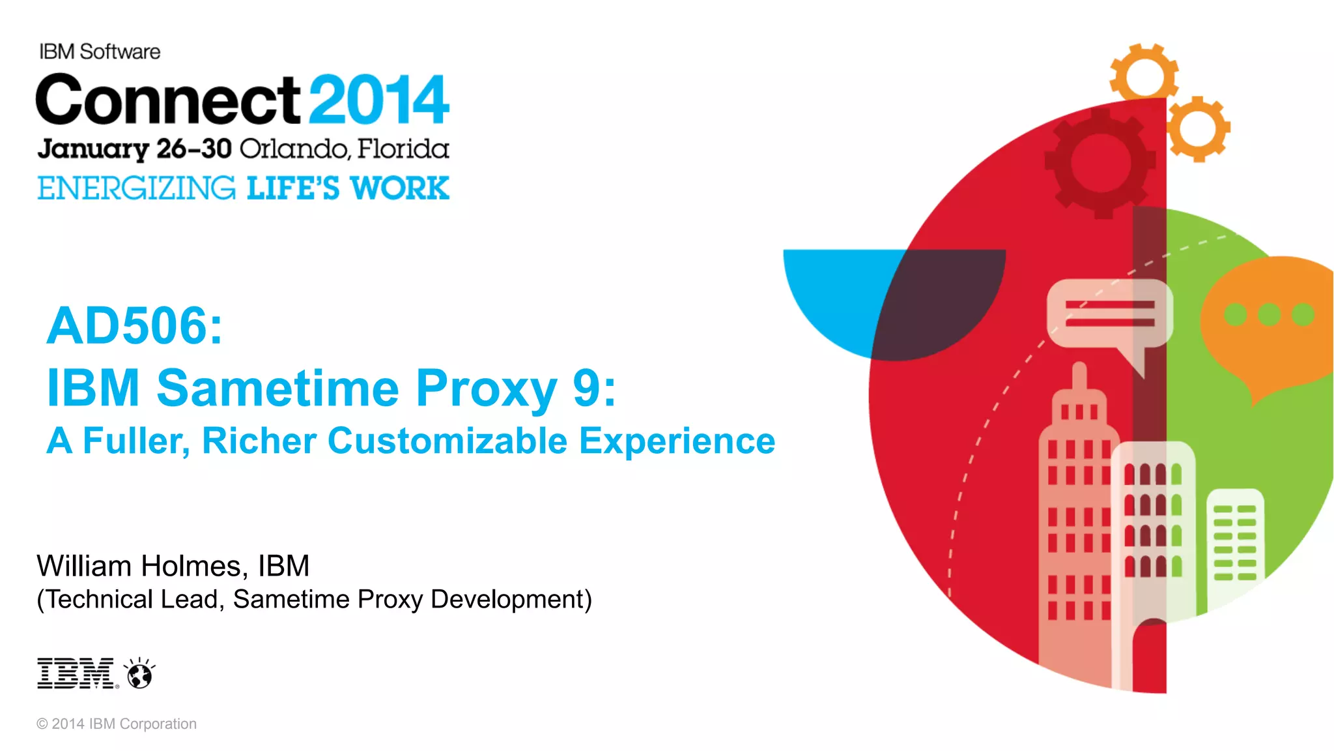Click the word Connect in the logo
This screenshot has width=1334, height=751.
168,100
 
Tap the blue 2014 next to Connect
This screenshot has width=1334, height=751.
378,100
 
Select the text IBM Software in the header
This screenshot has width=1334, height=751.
100,52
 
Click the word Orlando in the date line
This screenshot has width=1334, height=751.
294,149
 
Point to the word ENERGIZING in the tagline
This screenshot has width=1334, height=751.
136,188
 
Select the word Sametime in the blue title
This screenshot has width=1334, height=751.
277,388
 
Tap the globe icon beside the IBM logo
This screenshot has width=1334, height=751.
139,673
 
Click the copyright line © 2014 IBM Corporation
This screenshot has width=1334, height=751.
117,724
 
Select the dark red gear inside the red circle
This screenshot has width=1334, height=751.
1100,162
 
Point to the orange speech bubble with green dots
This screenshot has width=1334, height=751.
1267,326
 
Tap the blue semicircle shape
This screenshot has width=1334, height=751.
840,293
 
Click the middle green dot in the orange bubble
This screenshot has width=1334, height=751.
1269,315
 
